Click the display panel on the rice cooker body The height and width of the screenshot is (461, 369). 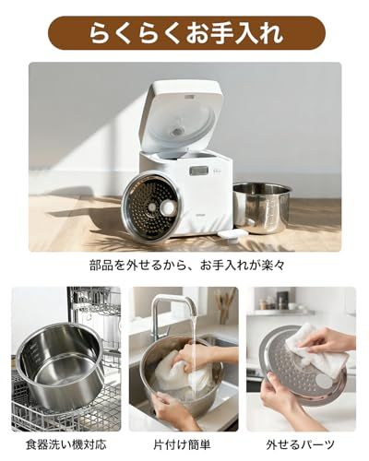click(x=198, y=171)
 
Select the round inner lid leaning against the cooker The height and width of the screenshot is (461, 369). click(x=153, y=206)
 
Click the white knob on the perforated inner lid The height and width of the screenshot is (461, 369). click(x=168, y=208)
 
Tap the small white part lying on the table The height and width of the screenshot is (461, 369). click(x=232, y=236)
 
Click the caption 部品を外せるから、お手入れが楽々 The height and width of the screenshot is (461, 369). click(x=184, y=265)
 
